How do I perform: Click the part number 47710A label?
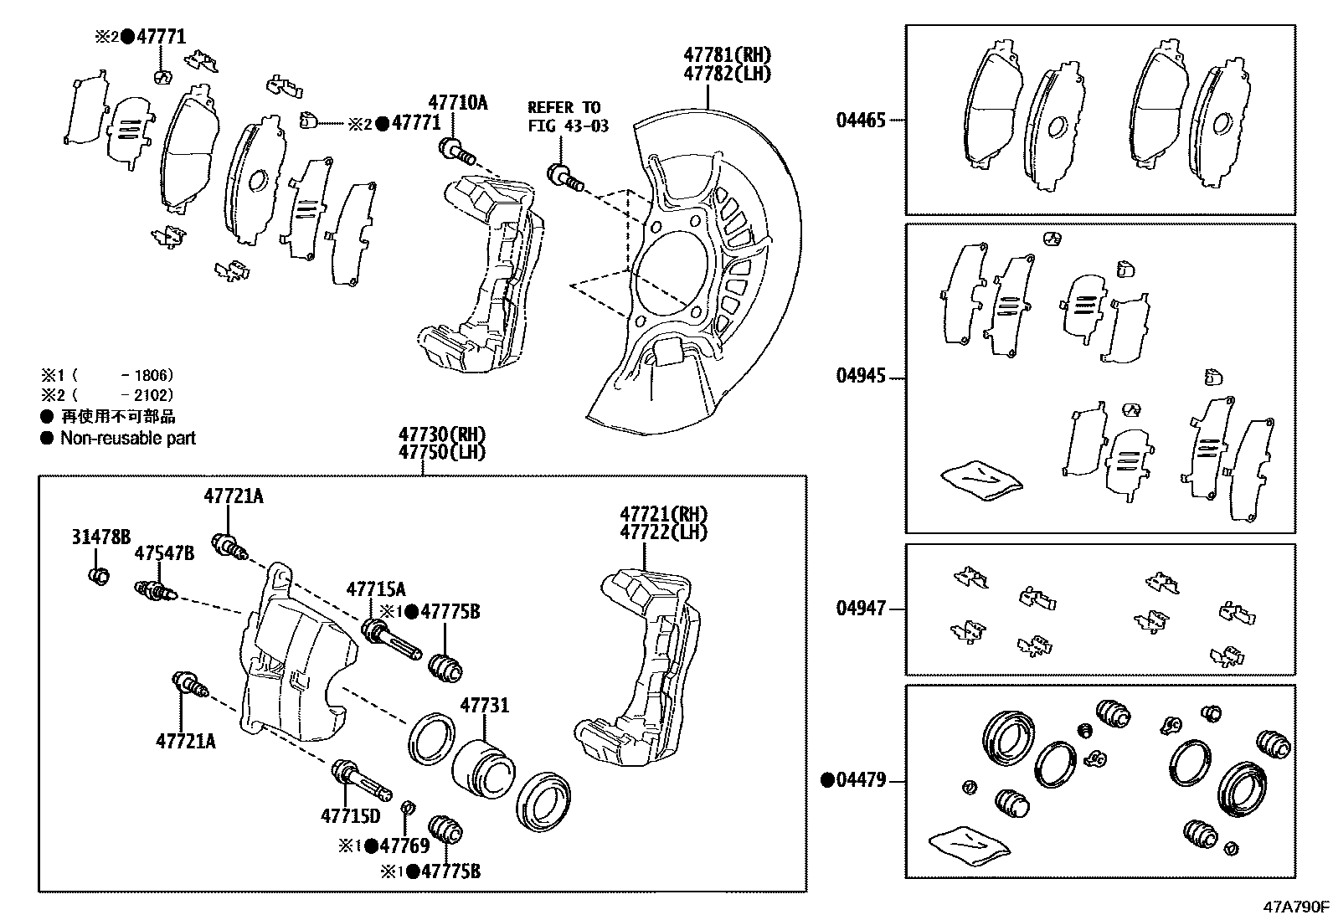(457, 103)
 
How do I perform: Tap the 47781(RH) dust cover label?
(726, 55)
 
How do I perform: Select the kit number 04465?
(860, 121)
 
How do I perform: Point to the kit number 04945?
(860, 376)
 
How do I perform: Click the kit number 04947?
(860, 609)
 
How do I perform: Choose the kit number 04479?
(860, 780)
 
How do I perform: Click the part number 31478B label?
(100, 537)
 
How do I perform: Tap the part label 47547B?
(164, 553)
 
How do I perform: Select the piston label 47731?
(484, 706)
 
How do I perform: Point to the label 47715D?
(350, 815)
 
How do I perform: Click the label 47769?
(404, 846)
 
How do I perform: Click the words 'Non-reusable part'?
(127, 438)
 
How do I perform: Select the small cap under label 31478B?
(99, 576)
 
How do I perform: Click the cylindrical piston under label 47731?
(481, 761)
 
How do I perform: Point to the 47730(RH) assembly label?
(441, 434)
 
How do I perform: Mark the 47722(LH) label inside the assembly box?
(663, 532)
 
